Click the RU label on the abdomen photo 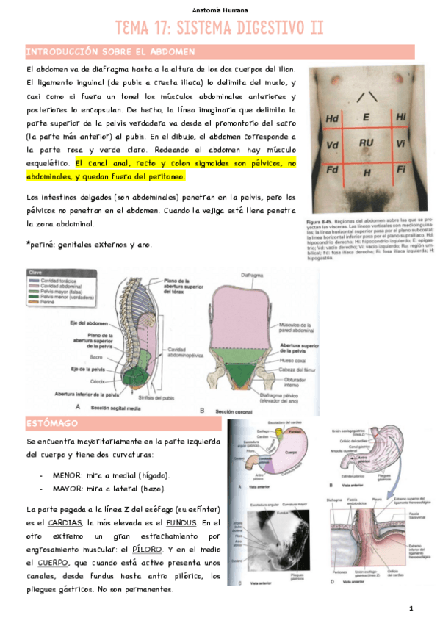pos(367,142)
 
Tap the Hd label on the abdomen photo pos(331,118)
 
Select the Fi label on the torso pos(401,170)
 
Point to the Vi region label pos(400,143)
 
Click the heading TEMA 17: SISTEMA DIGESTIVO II pos(220,28)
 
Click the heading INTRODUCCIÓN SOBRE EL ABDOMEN pos(110,52)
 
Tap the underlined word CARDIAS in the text pos(65,522)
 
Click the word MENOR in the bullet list pos(68,475)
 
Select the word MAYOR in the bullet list pos(68,489)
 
